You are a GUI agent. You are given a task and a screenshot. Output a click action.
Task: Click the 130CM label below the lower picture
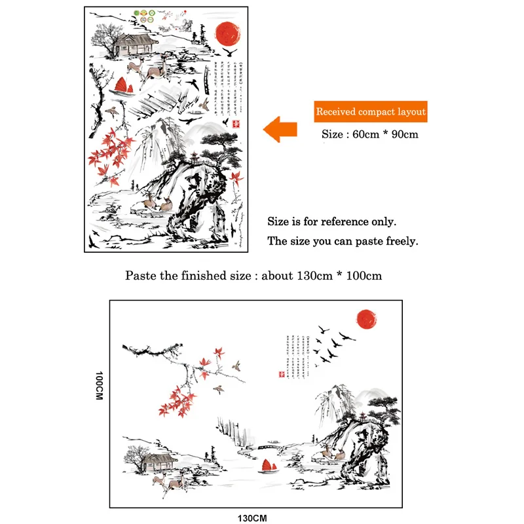pyautogui.click(x=252, y=518)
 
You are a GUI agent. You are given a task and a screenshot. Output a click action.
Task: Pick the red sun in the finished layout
pyautogui.click(x=368, y=318)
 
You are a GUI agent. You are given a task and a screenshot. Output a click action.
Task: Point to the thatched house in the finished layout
pyautogui.click(x=157, y=461)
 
